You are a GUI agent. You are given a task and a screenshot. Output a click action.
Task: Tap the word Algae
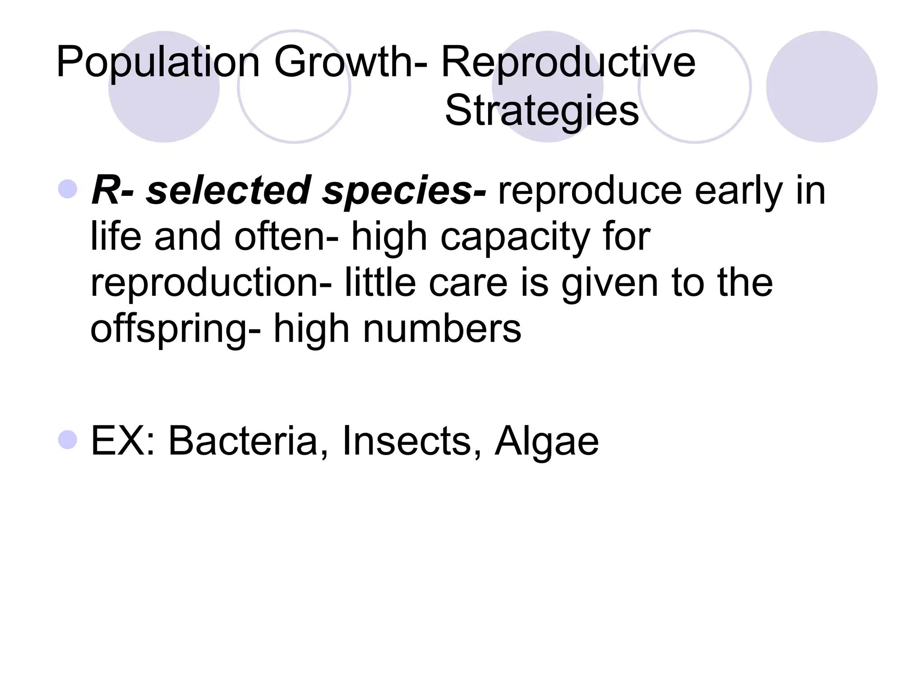pos(547,441)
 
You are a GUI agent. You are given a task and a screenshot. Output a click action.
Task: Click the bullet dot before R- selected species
pos(68,189)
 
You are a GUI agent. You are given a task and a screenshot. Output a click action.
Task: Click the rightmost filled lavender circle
pos(822,87)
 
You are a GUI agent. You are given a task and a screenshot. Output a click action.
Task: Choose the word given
pos(610,283)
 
